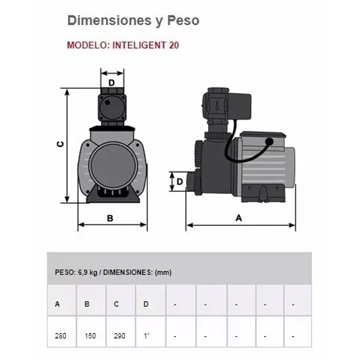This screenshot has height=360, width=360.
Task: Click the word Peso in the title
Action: point(183,20)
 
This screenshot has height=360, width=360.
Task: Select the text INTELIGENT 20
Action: point(146,45)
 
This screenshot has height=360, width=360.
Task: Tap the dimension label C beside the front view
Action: point(60,144)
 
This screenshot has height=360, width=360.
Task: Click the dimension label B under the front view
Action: point(110,218)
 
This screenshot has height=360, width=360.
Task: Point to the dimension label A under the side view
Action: point(239,218)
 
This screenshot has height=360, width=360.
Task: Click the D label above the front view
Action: point(112,83)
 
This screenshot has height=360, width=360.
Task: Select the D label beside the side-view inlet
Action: point(180,182)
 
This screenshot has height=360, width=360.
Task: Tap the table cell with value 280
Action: point(62,332)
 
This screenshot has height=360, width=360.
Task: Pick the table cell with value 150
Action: point(91,332)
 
